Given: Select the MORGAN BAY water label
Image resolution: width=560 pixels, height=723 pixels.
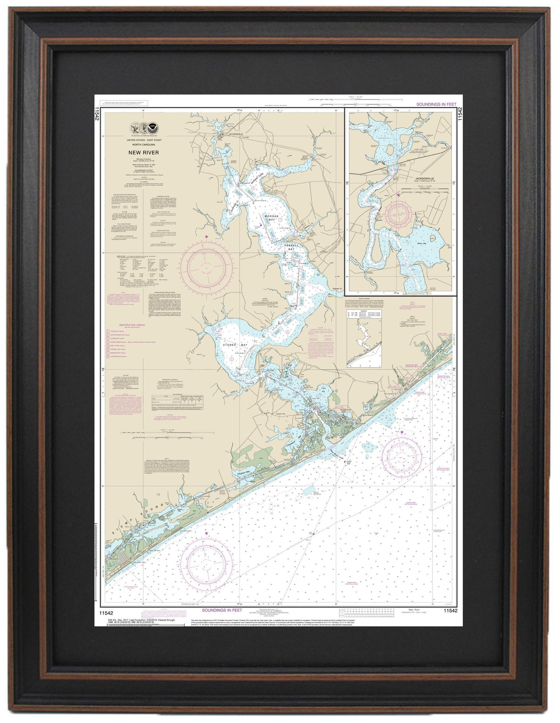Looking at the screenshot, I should [x=270, y=216].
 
